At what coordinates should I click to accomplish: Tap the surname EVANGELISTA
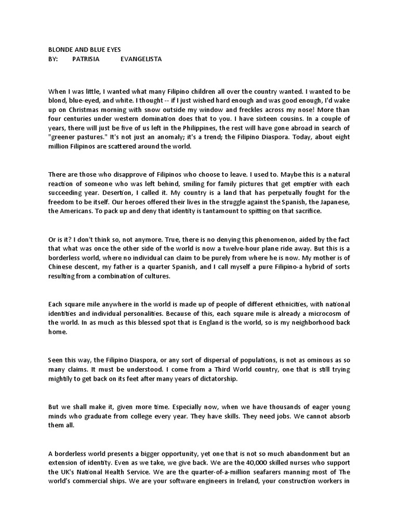pos(141,59)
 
